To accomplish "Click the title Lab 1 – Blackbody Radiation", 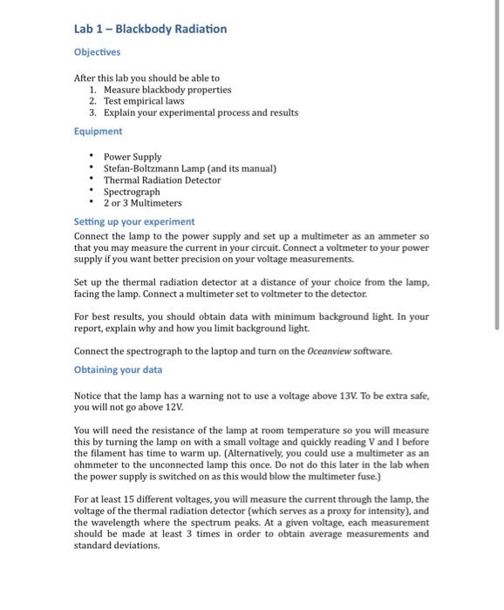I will coord(150,29).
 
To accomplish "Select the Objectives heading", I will coord(96,52).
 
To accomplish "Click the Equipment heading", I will coord(98,132).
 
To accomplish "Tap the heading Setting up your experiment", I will coord(134,222).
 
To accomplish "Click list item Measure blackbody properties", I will coord(167,90).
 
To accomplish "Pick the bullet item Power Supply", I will coord(133,157).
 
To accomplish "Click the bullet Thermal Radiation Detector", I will coord(162,180).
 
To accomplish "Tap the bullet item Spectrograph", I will coord(132,192).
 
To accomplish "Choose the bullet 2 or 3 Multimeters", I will coord(143,203).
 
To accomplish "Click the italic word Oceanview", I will coord(331,351).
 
